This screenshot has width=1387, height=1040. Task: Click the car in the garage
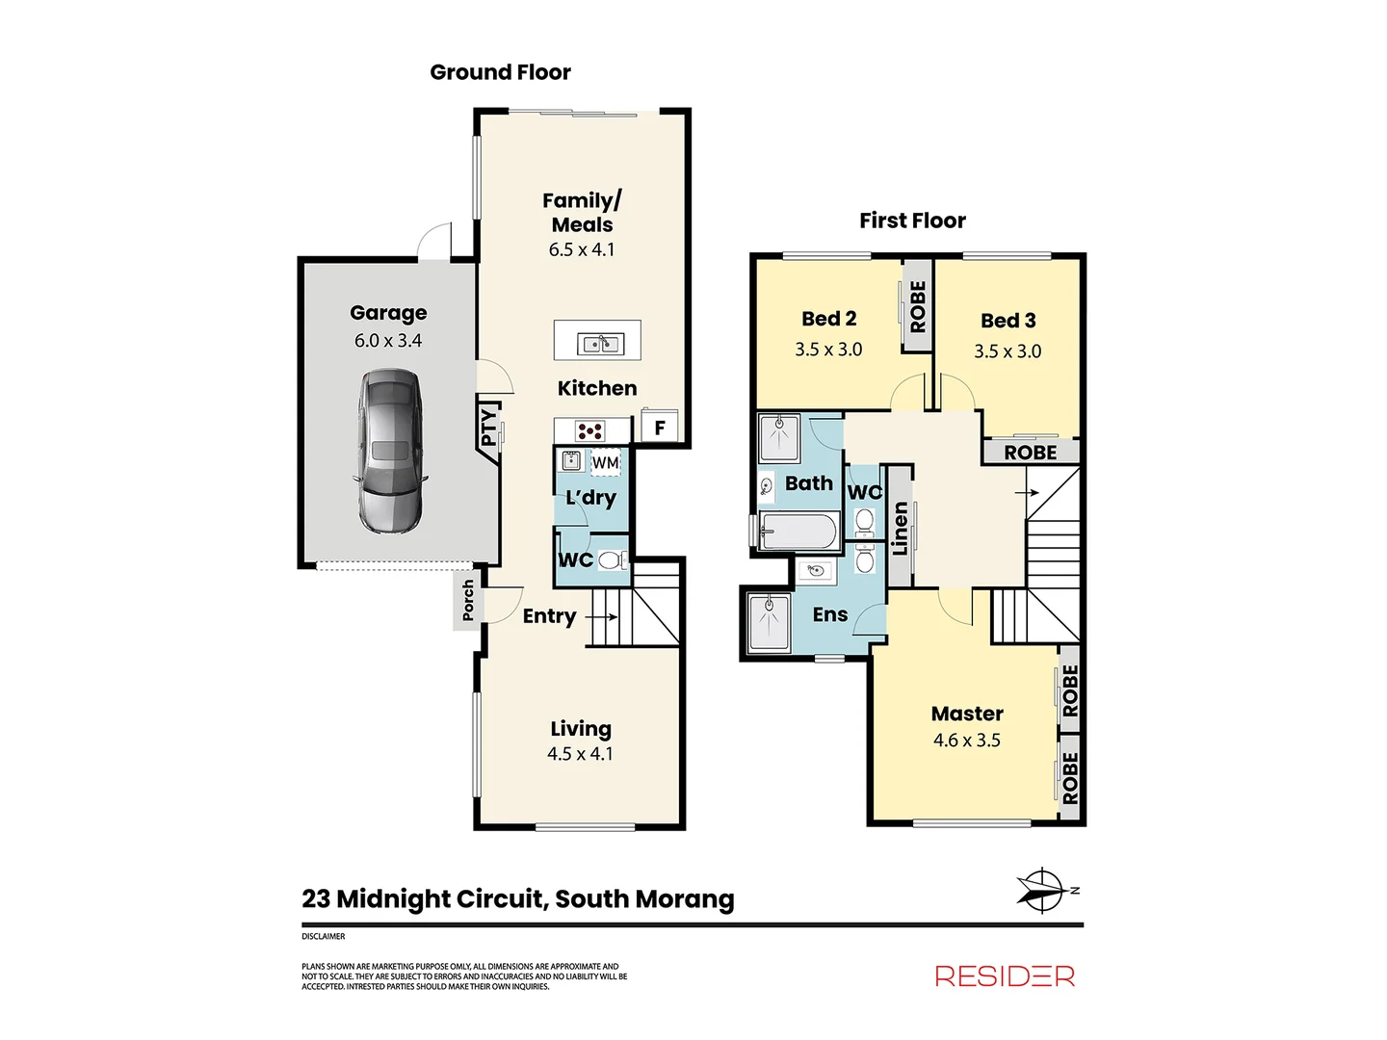pos(390,451)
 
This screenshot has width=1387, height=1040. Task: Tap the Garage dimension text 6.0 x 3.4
pos(388,341)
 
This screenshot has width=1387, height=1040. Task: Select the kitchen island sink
pos(599,343)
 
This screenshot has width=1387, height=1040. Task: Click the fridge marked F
pos(660,428)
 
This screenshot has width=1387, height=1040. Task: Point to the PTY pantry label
pos(488,429)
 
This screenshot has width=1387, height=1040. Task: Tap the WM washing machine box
pos(605,463)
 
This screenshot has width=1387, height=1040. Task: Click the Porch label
pos(468,600)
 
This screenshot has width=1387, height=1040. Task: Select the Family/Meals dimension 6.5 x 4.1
pos(582,250)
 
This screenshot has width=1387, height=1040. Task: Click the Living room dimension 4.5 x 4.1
pos(580,754)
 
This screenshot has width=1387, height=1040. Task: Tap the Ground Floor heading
pos(500,72)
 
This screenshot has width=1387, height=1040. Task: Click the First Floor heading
pos(912,221)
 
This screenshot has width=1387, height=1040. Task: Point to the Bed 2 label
pos(828,319)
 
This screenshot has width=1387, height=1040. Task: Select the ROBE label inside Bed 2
pos(918,306)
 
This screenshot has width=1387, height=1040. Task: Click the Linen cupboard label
pos(901,528)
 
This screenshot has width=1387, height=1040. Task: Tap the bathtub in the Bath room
pos(799,531)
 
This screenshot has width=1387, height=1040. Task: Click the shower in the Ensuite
pos(767,623)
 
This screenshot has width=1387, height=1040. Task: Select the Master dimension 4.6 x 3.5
pos(967,741)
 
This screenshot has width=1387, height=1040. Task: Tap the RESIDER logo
pos(1005,976)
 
